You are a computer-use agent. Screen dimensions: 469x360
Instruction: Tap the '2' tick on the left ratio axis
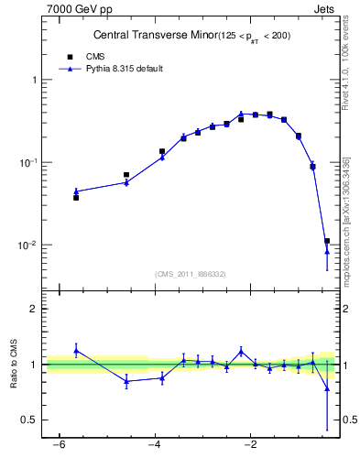[x=36, y=309]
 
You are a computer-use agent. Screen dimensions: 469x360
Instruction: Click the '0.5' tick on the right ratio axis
[x=347, y=420]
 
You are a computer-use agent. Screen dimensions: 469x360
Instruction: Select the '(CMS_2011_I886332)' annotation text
[x=191, y=274]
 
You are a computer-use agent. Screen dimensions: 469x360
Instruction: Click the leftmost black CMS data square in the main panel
[x=76, y=197]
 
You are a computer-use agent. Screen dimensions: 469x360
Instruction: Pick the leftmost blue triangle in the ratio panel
[x=76, y=350]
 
